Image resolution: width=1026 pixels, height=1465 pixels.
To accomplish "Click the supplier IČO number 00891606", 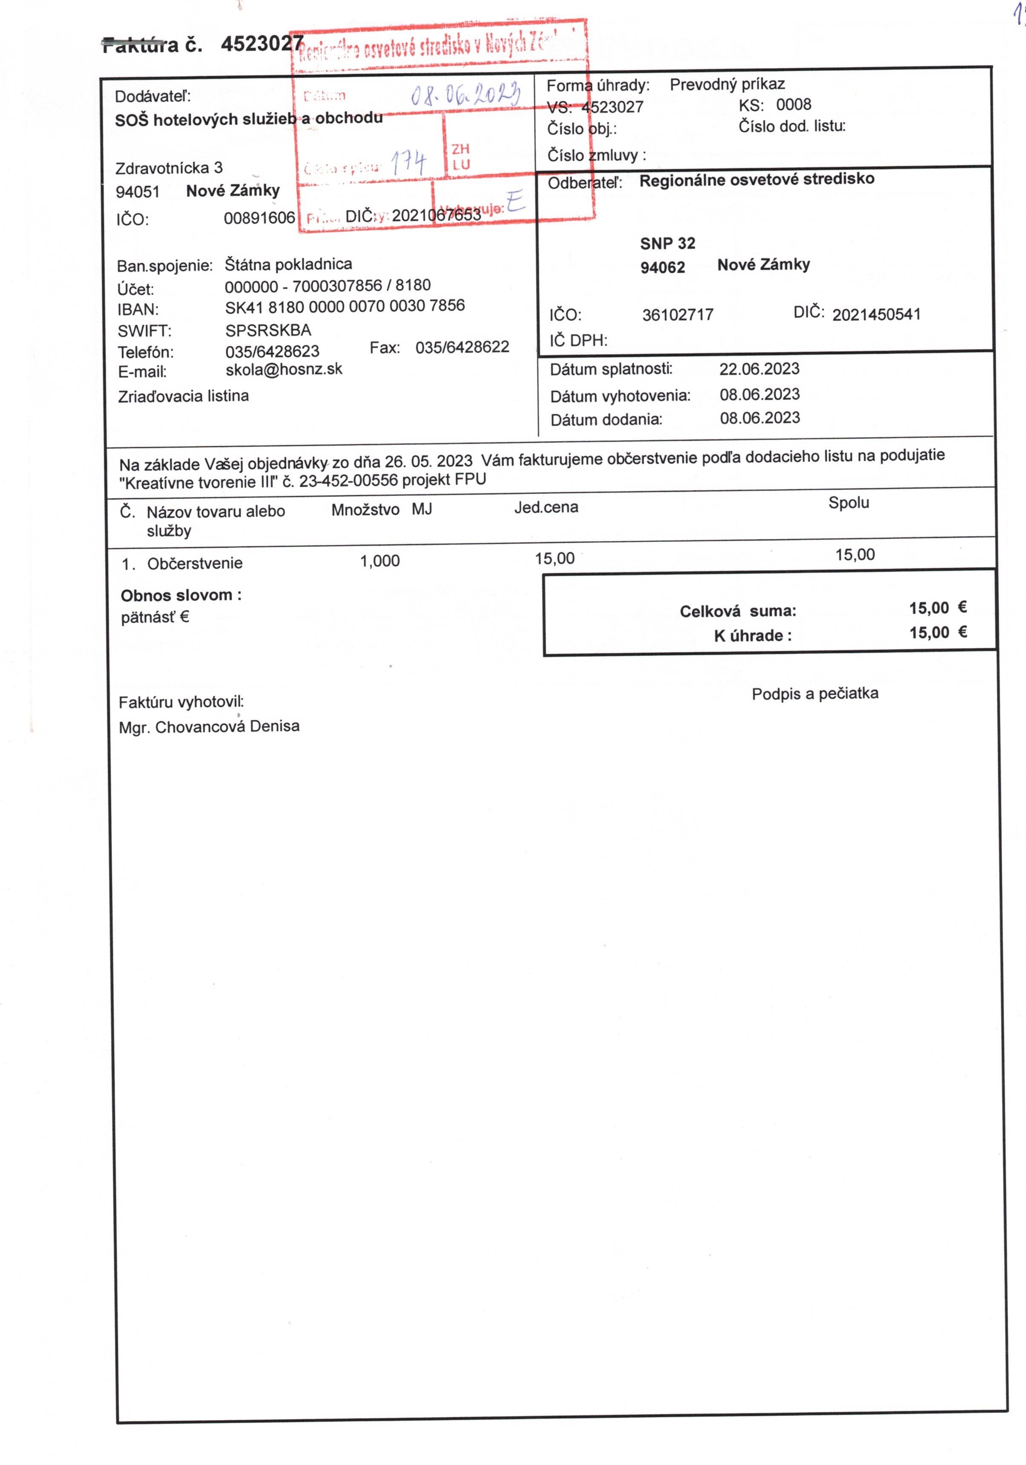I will point(259,218).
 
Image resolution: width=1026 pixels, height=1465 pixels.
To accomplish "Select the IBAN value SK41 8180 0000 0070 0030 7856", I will point(344,306).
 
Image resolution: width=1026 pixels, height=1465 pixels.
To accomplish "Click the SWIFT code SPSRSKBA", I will point(268,330).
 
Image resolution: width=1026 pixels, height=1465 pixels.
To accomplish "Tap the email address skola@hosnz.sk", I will point(284,370).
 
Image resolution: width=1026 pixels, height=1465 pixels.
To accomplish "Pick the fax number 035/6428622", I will point(462,347).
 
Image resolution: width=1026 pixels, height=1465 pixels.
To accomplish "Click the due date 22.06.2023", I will point(759,369).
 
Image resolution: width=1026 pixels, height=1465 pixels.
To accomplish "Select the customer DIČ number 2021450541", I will point(876,314).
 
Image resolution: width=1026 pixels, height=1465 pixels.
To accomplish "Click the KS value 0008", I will point(793,105).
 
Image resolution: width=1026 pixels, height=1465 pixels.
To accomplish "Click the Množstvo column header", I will point(365,510).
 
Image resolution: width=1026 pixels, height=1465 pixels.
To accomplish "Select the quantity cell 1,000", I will point(379,561).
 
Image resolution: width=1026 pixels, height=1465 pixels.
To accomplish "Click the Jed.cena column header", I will point(546,507).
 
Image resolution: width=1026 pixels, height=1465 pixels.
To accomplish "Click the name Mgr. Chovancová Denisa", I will point(209,727).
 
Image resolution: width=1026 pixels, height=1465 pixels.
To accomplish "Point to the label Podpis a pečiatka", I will point(814,693).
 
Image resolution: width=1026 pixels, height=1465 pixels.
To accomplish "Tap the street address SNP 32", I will point(667,243).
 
